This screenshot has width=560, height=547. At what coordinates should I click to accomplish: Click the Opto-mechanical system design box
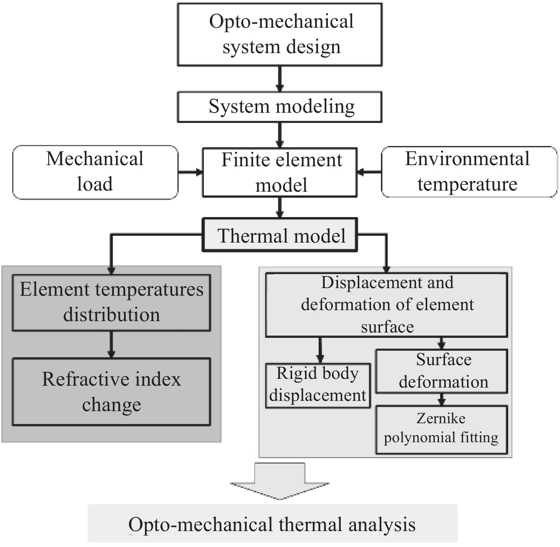click(x=280, y=34)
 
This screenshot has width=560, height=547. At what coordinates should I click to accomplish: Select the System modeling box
click(x=280, y=107)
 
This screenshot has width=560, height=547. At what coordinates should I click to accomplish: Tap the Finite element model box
click(x=280, y=172)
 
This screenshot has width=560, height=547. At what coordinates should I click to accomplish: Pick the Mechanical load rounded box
click(x=95, y=172)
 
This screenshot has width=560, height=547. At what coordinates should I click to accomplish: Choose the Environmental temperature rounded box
click(x=469, y=172)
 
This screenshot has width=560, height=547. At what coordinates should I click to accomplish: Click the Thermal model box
click(x=280, y=235)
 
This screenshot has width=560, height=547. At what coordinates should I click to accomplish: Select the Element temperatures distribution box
click(x=111, y=303)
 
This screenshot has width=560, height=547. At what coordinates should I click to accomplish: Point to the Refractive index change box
click(x=111, y=392)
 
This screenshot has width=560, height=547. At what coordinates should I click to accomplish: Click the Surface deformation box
click(x=442, y=371)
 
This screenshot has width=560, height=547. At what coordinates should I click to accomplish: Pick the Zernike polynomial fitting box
click(x=442, y=430)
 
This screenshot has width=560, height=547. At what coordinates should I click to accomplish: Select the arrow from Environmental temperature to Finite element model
click(x=369, y=172)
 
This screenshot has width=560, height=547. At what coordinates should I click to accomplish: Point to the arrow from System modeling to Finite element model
click(x=280, y=135)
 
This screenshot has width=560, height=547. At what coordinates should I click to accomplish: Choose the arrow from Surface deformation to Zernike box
click(x=441, y=399)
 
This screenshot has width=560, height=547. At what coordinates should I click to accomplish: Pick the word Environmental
click(x=467, y=159)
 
